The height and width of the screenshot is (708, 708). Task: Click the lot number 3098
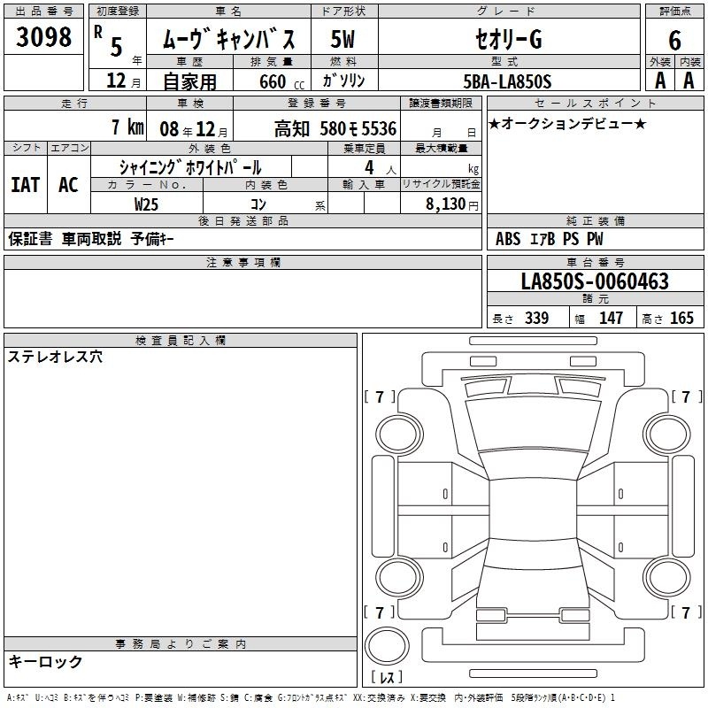(43, 37)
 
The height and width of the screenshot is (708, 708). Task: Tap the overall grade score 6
(674, 41)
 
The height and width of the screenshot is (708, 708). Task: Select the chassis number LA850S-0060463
(595, 281)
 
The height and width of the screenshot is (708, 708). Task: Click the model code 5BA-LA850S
(507, 81)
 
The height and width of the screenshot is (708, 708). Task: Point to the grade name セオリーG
(508, 39)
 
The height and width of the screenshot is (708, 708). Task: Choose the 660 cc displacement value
(281, 81)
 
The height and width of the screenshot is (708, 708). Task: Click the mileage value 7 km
(127, 127)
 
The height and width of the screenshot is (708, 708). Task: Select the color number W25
(146, 204)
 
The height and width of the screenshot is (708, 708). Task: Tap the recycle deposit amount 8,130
(446, 204)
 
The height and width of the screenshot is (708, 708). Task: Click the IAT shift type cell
(26, 185)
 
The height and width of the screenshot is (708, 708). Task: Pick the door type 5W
(342, 39)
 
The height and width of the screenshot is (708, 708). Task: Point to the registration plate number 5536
(379, 128)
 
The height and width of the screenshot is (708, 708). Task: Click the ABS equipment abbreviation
(508, 239)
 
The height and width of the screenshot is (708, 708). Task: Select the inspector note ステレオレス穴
(55, 357)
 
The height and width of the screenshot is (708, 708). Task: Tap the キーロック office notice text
(46, 661)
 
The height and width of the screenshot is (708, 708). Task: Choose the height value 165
(681, 318)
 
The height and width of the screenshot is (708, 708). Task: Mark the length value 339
(537, 318)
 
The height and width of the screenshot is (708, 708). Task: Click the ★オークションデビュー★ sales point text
(567, 124)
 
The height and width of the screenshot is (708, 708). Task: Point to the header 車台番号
(595, 262)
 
